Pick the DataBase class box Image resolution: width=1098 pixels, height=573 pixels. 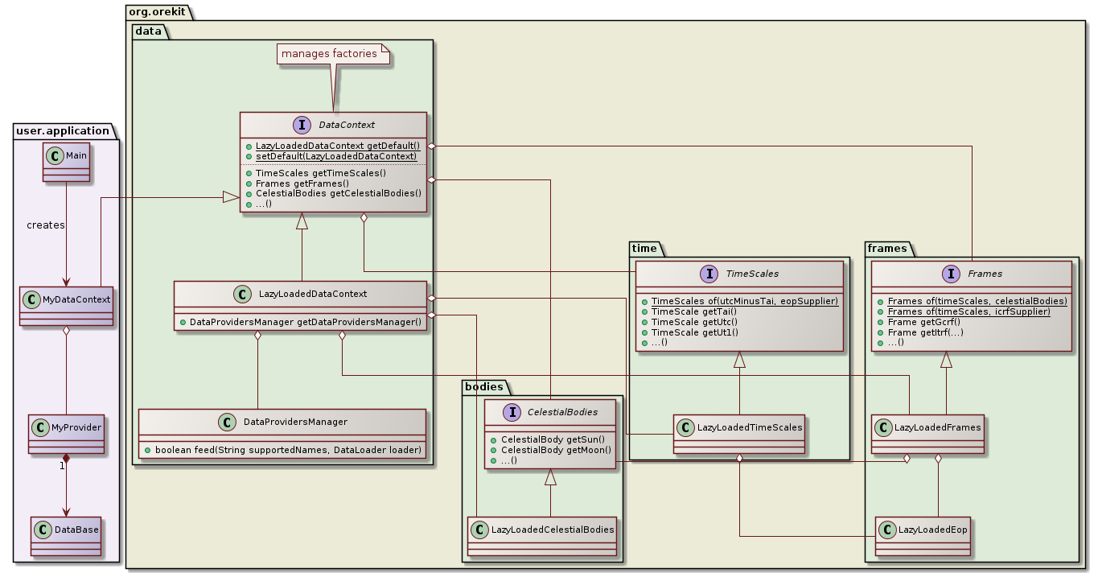coord(65,532)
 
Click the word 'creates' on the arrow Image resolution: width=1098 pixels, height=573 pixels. coord(45,225)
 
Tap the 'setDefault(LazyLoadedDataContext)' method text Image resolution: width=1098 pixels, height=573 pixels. coord(336,155)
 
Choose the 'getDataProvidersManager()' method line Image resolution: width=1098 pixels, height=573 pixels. coord(300,322)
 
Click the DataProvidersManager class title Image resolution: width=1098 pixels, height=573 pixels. coord(295,422)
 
